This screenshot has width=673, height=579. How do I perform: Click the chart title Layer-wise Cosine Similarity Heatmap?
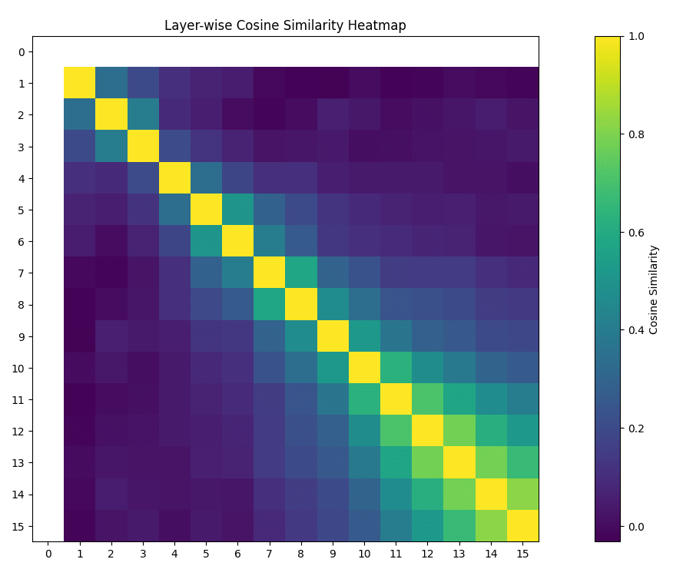(x=285, y=25)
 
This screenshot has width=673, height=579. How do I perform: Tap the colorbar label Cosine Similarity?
(x=654, y=289)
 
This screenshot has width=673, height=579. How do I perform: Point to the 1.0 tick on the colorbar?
(x=635, y=36)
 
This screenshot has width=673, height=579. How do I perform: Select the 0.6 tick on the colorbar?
(x=635, y=232)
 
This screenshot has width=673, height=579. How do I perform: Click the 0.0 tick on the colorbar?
(x=635, y=527)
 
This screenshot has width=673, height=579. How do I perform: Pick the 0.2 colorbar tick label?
(x=635, y=428)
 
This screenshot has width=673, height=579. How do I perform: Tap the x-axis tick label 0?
(x=48, y=554)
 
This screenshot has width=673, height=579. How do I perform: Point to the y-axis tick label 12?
(x=21, y=432)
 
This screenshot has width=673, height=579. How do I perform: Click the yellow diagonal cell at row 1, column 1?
(x=79, y=83)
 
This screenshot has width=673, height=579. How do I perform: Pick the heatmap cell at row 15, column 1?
(x=79, y=526)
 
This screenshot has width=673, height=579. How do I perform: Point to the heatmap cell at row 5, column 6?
(x=237, y=210)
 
